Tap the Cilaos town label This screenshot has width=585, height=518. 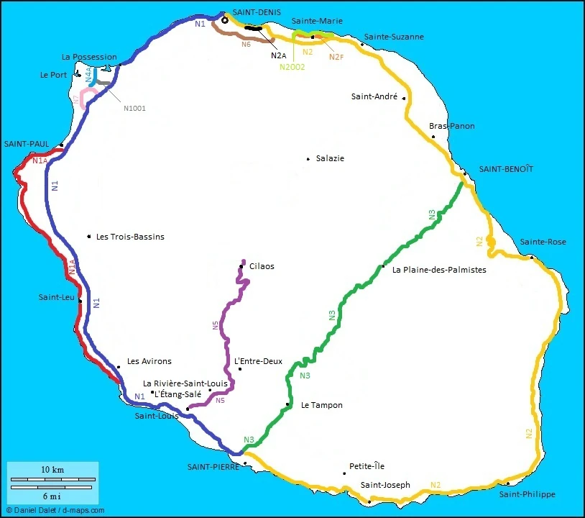click(262, 266)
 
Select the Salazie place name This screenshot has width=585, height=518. click(330, 158)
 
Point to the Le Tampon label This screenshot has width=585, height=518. click(321, 405)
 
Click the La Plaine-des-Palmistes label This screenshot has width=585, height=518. click(439, 270)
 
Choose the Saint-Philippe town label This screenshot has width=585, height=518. click(528, 494)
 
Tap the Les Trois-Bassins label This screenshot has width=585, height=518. click(130, 237)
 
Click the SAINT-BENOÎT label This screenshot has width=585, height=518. click(507, 168)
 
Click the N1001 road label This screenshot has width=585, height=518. click(134, 109)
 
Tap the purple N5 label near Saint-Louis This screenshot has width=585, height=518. click(220, 400)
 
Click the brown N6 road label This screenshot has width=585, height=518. click(246, 44)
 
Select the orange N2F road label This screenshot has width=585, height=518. click(336, 56)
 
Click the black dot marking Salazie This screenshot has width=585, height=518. click(308, 158)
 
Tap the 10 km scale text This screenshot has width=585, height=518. click(52, 469)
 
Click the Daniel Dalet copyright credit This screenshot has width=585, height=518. click(55, 510)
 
